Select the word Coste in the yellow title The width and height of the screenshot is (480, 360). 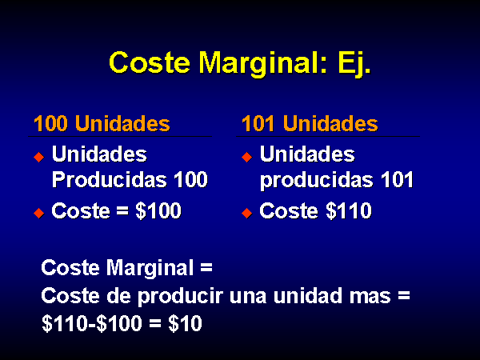[150, 62]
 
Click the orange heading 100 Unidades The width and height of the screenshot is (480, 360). [102, 123]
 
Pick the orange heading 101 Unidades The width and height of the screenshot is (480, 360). [310, 123]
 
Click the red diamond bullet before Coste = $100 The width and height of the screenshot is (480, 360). [39, 213]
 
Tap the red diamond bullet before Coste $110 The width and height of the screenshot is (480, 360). [246, 213]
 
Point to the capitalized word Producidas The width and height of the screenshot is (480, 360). [110, 179]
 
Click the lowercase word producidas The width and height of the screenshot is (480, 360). [317, 181]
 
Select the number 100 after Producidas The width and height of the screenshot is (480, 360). [191, 179]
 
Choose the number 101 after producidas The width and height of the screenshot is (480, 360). [398, 179]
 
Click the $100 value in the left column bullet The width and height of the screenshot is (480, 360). [158, 211]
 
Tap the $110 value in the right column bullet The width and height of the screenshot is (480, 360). [349, 211]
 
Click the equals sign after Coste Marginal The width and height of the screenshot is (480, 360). [206, 267]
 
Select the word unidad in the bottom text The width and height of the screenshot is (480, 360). [308, 295]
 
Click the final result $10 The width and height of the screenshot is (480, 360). [186, 323]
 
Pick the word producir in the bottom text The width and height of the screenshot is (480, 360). [180, 297]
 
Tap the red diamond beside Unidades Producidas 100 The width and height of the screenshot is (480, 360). [39, 157]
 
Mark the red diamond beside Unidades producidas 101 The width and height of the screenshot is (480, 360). [246, 157]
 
